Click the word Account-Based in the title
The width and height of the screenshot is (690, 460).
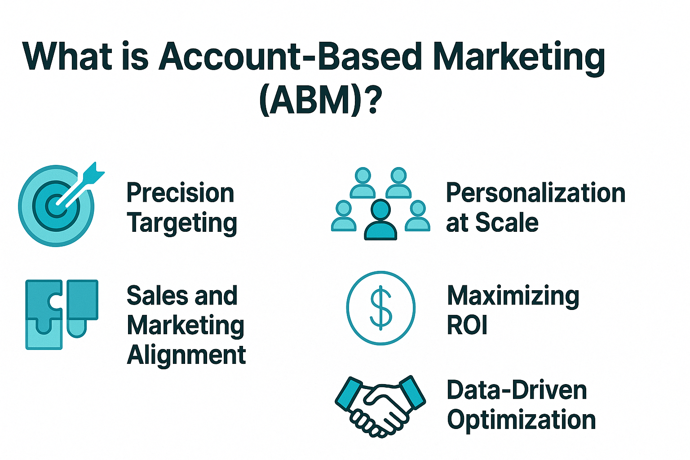click(290, 57)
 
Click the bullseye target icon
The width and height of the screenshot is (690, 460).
click(56, 206)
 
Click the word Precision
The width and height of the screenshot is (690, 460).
click(180, 193)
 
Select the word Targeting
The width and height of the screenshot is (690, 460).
click(182, 223)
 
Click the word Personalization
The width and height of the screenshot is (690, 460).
click(535, 193)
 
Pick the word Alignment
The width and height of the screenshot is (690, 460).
click(186, 355)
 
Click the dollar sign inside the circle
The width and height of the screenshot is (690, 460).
click(380, 308)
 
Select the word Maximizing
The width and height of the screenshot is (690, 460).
click(513, 296)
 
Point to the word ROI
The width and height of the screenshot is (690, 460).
click(467, 326)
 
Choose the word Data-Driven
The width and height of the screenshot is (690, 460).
click(517, 390)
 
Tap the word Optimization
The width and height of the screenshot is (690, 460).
click(521, 420)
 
